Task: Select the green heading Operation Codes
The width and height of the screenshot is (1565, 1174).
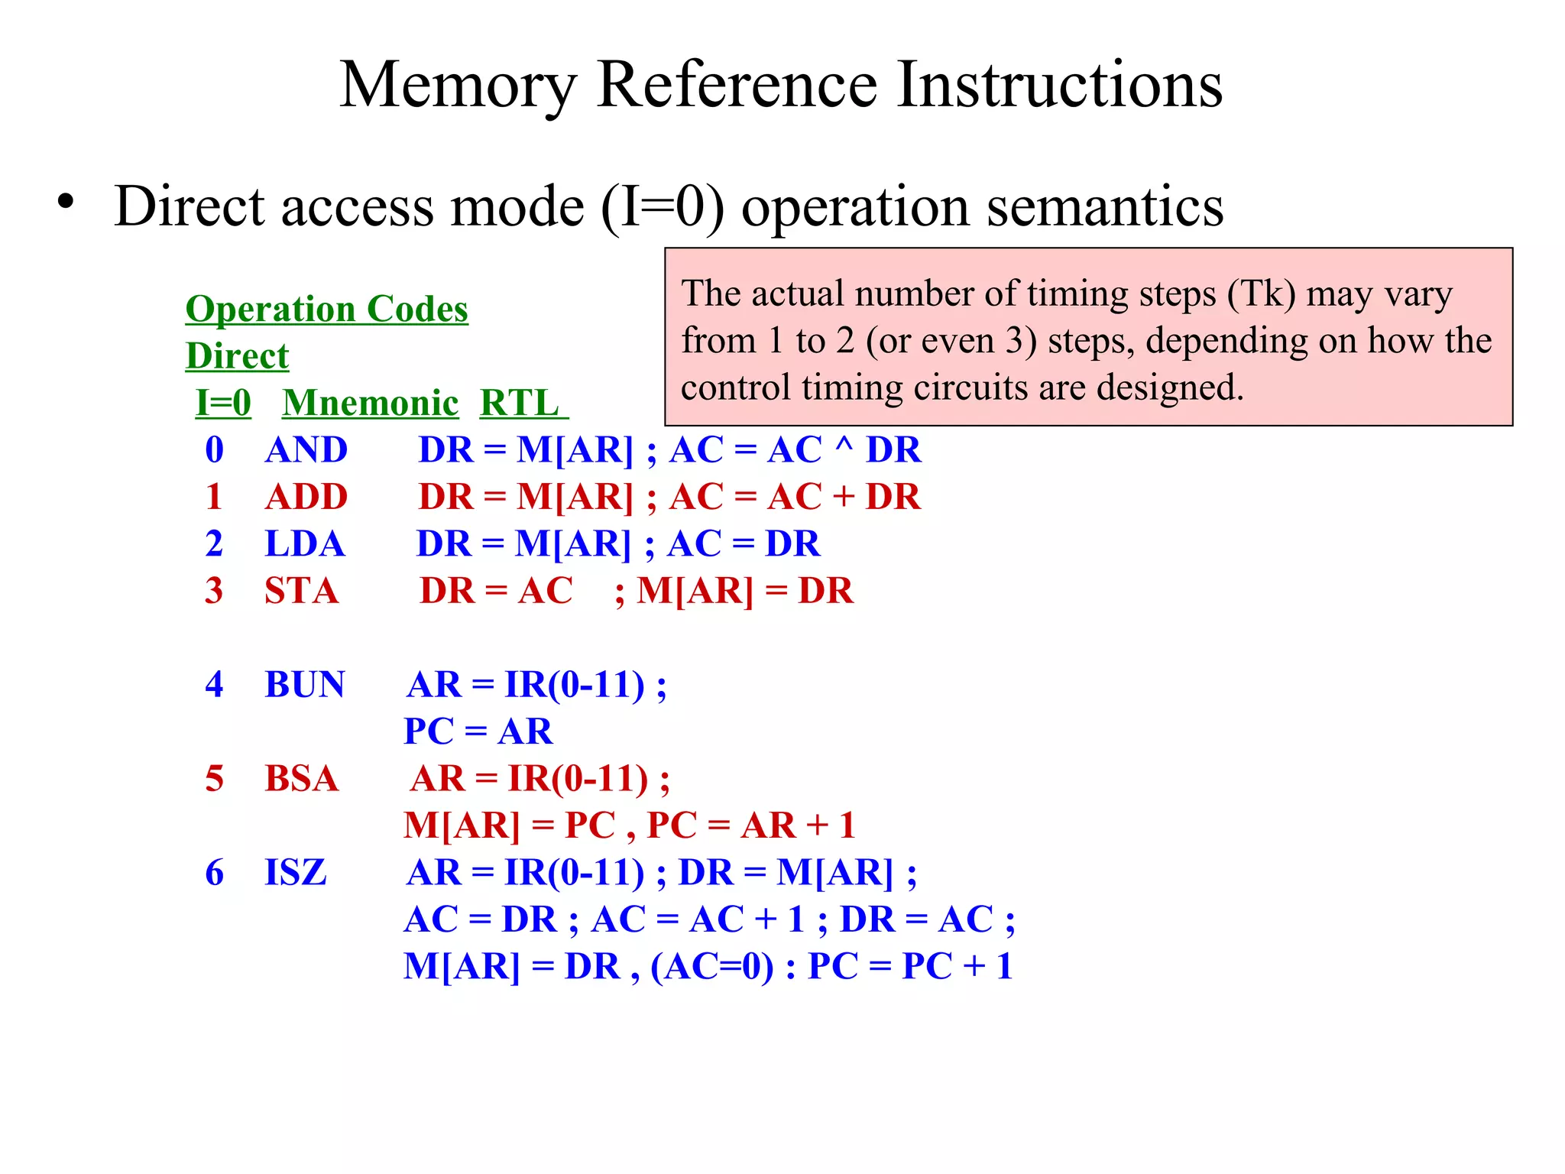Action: pos(326,309)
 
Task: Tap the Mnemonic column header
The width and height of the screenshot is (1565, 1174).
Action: pos(370,403)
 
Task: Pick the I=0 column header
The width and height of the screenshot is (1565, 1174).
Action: pos(223,403)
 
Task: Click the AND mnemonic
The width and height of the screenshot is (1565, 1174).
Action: pos(306,450)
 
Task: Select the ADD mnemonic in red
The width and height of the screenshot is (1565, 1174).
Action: pos(306,497)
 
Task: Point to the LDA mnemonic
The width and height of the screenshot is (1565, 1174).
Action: pos(304,544)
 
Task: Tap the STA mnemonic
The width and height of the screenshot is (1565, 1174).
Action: pos(301,591)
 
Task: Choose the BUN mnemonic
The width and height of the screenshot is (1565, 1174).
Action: pos(304,685)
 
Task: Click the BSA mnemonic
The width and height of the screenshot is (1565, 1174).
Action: pos(301,779)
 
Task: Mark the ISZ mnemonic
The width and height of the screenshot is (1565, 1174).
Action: pos(295,873)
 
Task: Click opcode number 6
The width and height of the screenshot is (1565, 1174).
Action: pos(215,873)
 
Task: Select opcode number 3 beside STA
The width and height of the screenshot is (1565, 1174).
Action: pos(215,591)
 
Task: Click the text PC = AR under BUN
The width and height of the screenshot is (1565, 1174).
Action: pos(478,731)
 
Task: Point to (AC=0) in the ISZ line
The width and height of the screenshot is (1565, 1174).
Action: pos(711,967)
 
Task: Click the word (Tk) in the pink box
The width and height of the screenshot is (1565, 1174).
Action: pos(1261,294)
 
